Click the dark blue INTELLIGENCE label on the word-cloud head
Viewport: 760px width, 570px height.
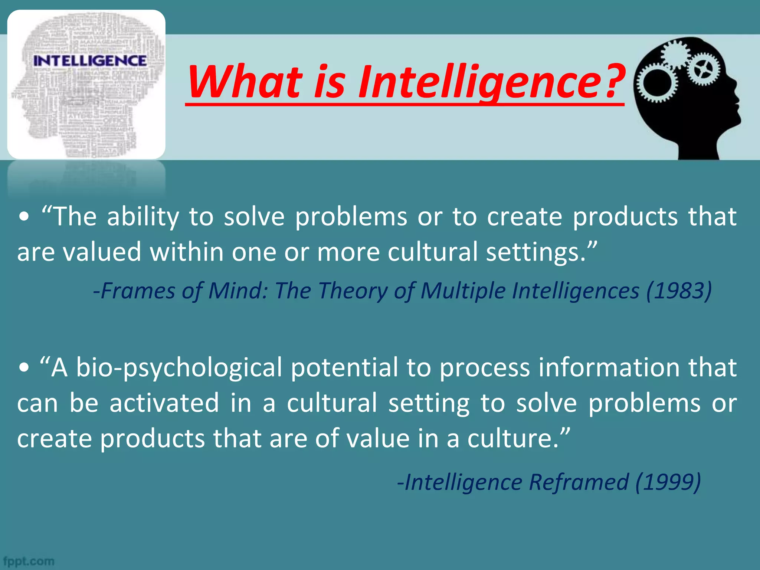[90, 60]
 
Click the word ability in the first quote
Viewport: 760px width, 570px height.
[143, 217]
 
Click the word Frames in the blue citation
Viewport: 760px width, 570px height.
[137, 291]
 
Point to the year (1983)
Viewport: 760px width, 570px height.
[679, 291]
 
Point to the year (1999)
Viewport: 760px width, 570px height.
[668, 482]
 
